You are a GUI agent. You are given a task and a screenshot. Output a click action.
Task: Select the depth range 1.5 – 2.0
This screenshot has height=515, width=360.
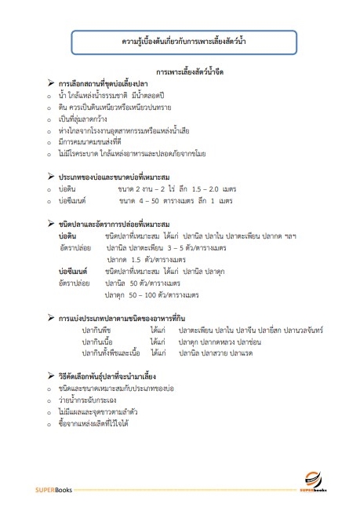(x=208, y=189)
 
